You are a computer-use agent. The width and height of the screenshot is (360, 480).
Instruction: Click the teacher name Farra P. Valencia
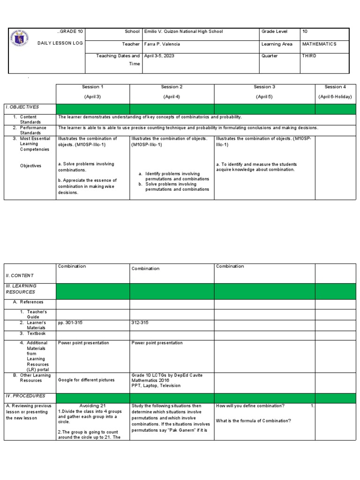[x=162, y=44]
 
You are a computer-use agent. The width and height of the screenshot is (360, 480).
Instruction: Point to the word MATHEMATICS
[x=319, y=44]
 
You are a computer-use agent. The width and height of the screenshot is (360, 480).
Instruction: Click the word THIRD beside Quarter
[x=309, y=55]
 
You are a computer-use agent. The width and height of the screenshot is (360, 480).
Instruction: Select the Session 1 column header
[x=93, y=87]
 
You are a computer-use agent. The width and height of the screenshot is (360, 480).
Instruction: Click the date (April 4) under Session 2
[x=172, y=97]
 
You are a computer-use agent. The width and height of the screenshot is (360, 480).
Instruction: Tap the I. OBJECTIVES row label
[x=22, y=107]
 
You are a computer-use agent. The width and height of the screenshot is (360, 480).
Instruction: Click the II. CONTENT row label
[x=20, y=276]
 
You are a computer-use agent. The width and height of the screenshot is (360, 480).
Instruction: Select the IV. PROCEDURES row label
[x=25, y=396]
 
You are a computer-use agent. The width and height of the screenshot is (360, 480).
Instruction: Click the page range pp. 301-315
[x=70, y=322]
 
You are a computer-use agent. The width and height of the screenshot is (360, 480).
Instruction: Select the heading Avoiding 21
[x=92, y=406]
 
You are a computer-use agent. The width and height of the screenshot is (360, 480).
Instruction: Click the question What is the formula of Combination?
[x=253, y=420]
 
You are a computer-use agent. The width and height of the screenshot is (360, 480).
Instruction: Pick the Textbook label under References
[x=35, y=333]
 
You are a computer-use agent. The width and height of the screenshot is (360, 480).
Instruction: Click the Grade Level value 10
[x=305, y=31]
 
